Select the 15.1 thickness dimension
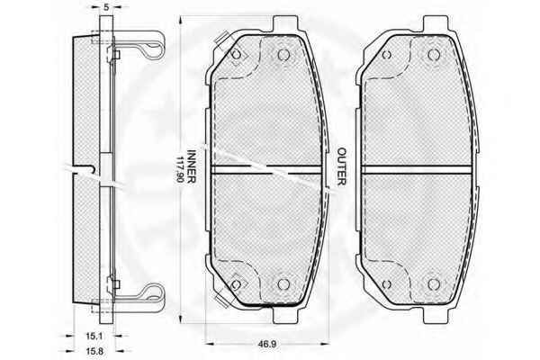(x=94, y=335)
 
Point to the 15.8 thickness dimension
(x=94, y=351)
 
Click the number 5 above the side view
(x=106, y=7)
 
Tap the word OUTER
(x=341, y=166)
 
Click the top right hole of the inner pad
(x=283, y=54)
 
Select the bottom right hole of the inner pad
(x=283, y=284)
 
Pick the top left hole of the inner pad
(x=236, y=54)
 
